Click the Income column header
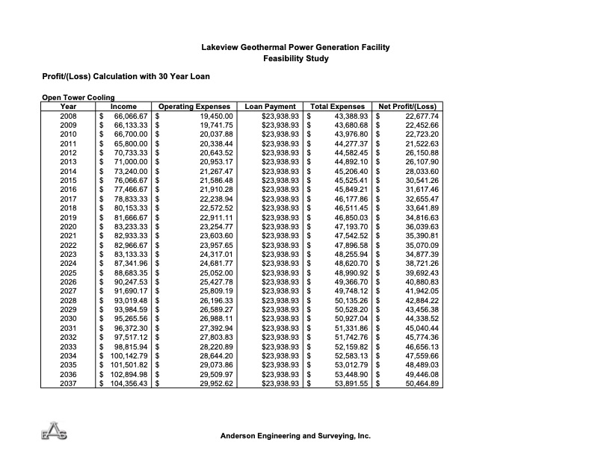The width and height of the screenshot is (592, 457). tap(123, 107)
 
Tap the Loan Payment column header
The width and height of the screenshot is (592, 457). tap(270, 107)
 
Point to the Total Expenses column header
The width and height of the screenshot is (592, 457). tap(337, 107)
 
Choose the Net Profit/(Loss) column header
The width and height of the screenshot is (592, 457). tap(407, 107)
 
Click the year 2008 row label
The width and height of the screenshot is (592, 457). tap(68, 116)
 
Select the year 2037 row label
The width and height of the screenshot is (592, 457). tap(68, 384)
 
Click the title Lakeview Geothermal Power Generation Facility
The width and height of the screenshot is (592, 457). tap(296, 48)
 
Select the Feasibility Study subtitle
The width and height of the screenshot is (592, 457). tap(296, 58)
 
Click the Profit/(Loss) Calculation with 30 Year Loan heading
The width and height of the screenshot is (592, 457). tap(126, 76)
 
